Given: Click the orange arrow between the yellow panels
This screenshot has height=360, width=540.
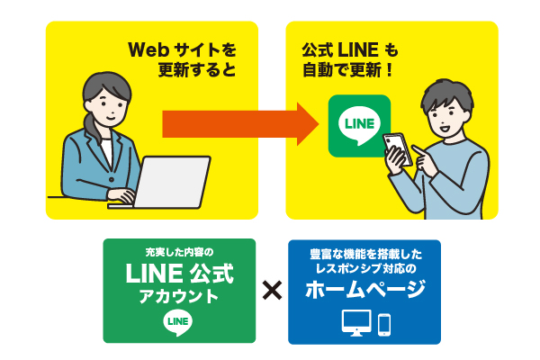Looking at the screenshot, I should click(238, 122).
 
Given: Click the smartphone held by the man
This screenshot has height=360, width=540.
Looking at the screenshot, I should click(397, 149).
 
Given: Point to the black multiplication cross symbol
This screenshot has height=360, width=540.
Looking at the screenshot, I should click(272, 290).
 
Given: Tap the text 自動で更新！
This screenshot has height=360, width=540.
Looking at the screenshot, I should click(348, 69).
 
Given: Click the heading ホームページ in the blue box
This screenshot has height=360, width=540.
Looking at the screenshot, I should click(364, 291).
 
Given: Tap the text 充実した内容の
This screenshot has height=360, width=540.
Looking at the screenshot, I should click(178, 250).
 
